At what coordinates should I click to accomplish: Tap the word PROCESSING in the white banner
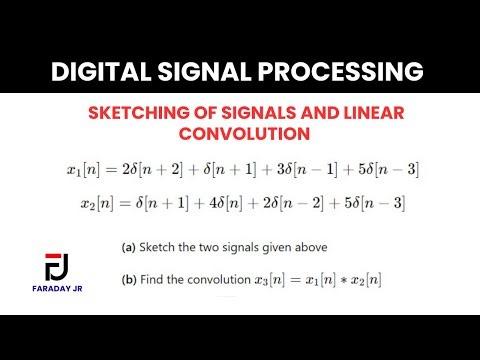coord(339,72)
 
